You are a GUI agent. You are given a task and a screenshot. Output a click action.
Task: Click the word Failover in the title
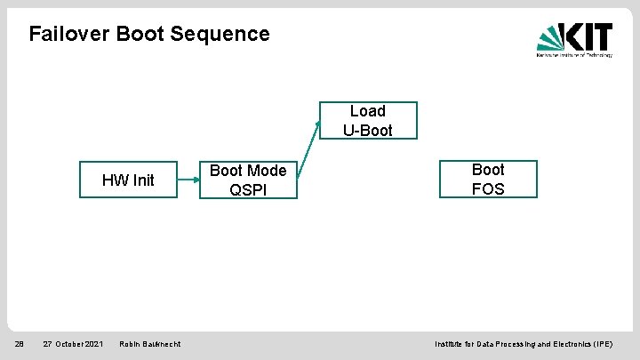pos(69,34)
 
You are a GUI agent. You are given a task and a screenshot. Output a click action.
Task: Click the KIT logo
pos(574,40)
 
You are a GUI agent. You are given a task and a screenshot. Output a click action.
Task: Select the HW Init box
pos(128,180)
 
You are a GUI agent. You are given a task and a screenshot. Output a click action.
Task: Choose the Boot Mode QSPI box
pos(248,180)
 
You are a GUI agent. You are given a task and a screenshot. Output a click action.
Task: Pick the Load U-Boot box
pos(367,121)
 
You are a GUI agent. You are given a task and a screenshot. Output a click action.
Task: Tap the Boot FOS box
pos(488,179)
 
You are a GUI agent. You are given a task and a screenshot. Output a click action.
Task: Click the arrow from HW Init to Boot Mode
pos(188,180)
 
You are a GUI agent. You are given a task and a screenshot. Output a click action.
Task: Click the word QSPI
pos(248,189)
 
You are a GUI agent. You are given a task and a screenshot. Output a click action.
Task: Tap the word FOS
pos(488,188)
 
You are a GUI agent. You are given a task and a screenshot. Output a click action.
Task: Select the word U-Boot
pos(367,131)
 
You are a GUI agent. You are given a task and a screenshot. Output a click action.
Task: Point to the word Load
pos(367,111)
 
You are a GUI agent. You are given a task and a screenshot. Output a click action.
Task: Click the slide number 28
pos(19,344)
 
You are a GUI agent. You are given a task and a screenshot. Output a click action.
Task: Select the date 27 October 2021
pos(73,344)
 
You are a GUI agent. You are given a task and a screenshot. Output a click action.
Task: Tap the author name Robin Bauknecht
pos(149,344)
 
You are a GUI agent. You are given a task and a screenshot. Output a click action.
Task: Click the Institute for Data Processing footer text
pos(523,344)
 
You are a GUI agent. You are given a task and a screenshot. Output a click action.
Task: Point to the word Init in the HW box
pos(143,180)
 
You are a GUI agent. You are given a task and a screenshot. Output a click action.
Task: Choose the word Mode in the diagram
pos(267,171)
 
